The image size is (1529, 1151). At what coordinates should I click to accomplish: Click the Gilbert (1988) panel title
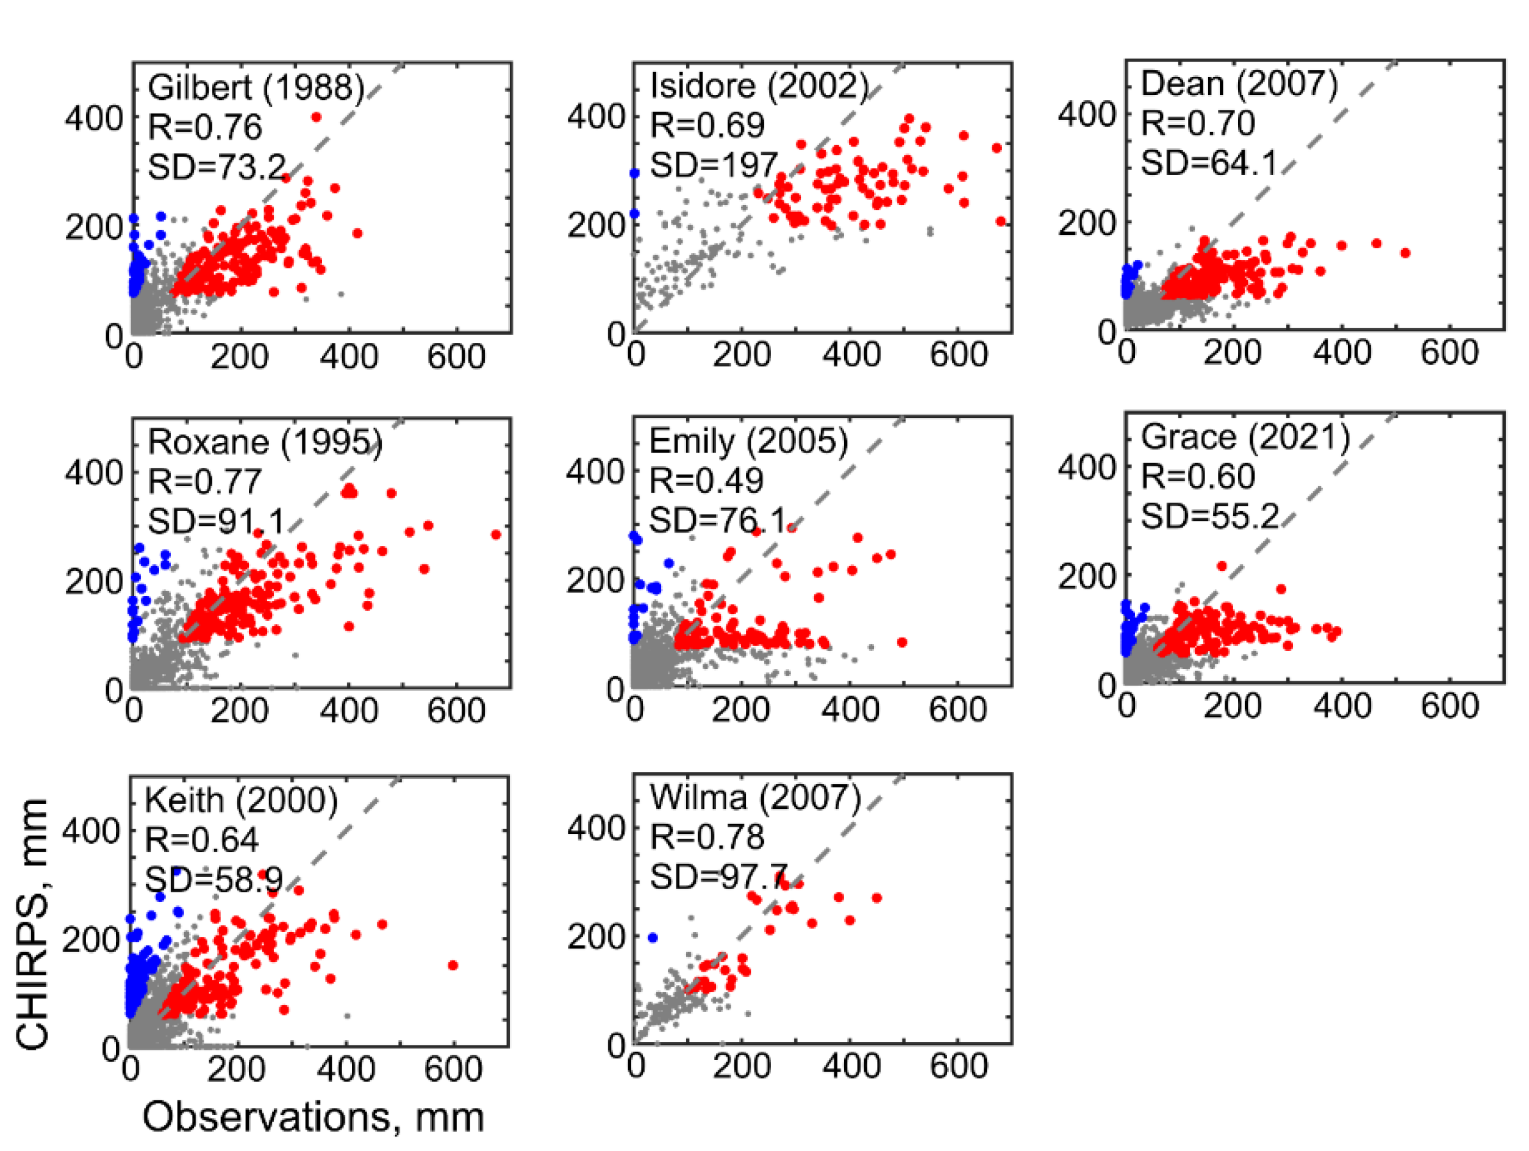tap(256, 88)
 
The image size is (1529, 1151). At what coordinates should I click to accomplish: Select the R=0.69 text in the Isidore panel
tap(707, 125)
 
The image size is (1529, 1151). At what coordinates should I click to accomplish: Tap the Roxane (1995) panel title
tap(265, 442)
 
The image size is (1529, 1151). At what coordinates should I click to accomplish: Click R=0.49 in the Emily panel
tap(706, 481)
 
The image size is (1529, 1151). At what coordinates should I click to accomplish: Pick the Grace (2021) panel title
tap(1245, 437)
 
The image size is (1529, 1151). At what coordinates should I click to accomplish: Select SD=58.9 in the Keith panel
tap(213, 880)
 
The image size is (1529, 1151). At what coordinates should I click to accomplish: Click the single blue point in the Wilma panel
tap(653, 938)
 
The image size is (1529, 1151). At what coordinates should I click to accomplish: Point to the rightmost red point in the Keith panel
tap(453, 965)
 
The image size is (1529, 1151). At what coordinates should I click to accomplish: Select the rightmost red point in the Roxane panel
tap(496, 534)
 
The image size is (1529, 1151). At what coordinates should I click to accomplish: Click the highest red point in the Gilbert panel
tap(317, 117)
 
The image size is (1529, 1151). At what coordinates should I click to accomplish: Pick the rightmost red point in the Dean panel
tap(1405, 253)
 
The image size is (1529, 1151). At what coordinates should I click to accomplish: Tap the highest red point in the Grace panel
tap(1222, 566)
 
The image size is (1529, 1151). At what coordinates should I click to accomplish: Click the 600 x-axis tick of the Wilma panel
tap(958, 1066)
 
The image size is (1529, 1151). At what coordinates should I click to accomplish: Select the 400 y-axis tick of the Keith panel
tap(90, 830)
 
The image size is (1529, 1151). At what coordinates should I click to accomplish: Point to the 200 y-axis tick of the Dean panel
tap(1086, 223)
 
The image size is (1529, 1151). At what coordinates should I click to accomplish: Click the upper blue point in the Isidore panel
tap(634, 173)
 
